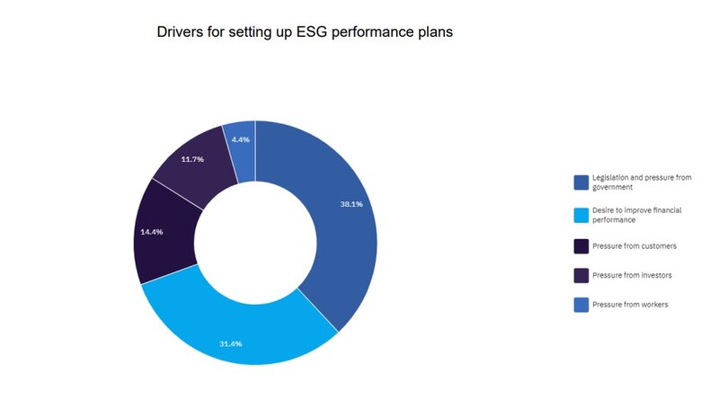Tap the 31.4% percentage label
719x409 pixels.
[x=231, y=343]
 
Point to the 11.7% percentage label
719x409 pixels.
[x=192, y=159]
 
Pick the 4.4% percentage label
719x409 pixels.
[x=240, y=139]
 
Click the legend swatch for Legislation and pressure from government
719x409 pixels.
[x=581, y=183]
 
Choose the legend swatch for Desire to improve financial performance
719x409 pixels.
[x=581, y=215]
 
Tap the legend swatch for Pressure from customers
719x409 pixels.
[x=581, y=245]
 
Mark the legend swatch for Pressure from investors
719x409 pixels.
[x=581, y=275]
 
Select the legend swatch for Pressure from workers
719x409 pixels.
[x=581, y=305]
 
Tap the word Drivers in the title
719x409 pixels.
[x=182, y=31]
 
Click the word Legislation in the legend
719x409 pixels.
[x=615, y=179]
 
